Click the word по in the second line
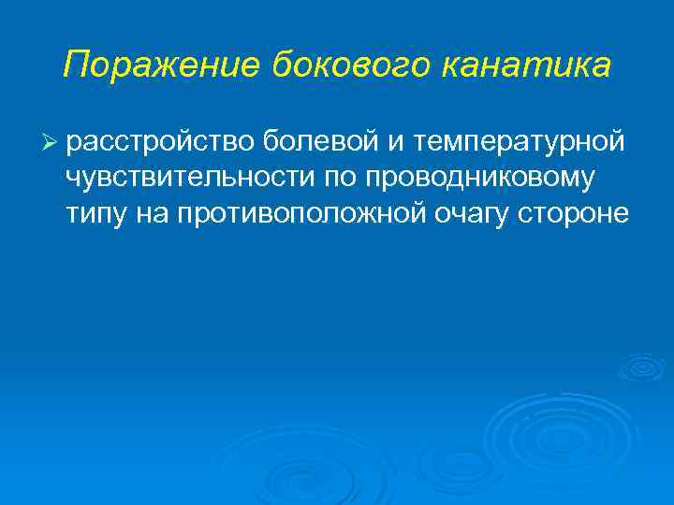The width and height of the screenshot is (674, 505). pos(335,178)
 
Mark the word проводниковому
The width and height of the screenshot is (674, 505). pos(480,178)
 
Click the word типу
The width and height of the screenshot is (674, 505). pos(95,214)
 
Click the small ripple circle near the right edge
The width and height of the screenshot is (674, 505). pos(642,368)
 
